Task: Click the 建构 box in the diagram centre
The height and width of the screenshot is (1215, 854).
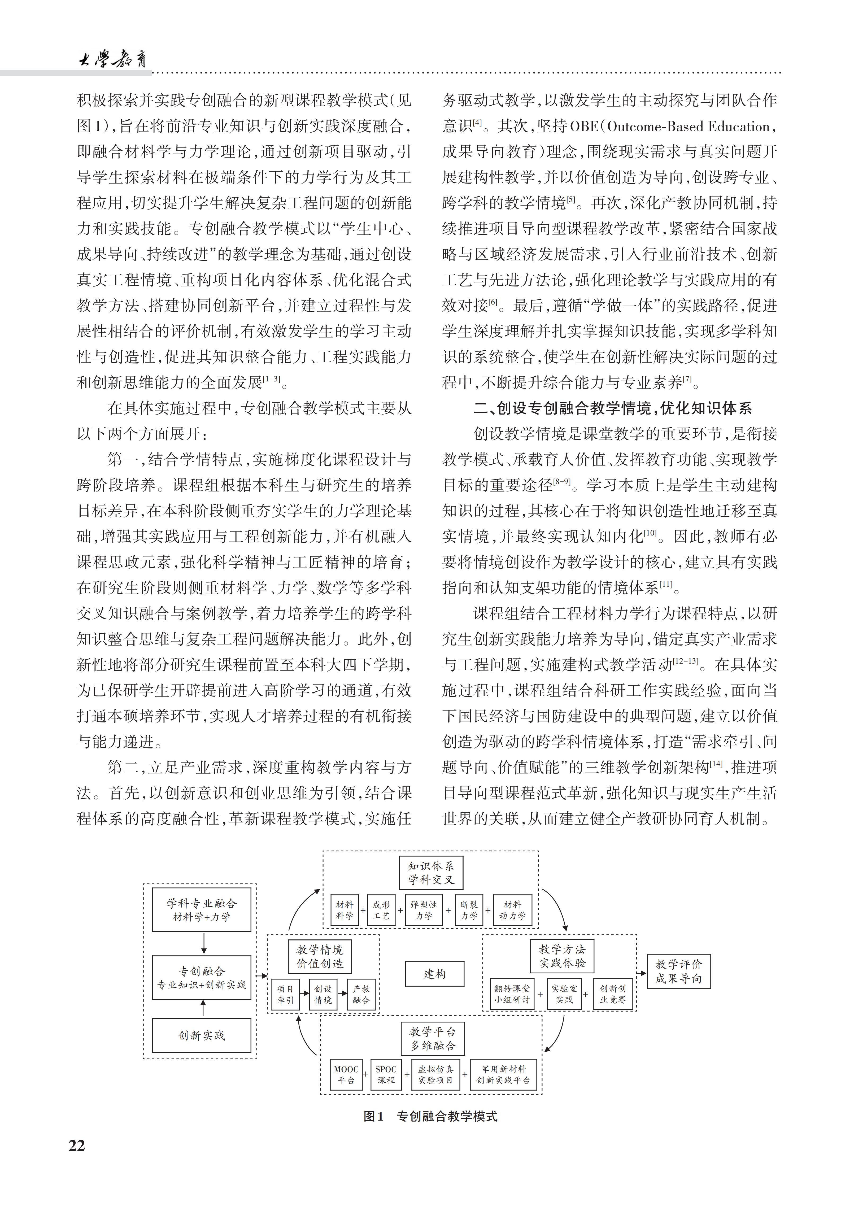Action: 434,974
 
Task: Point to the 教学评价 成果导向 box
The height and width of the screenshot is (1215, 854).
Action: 678,972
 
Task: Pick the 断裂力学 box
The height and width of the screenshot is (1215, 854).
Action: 469,910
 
